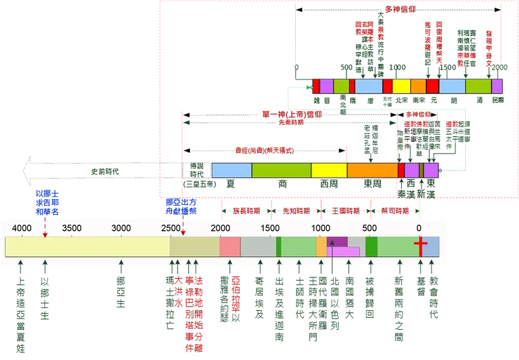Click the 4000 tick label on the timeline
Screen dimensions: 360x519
pos(22,228)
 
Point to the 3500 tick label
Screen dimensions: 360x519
pos(72,228)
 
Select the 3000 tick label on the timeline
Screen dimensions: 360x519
pos(121,228)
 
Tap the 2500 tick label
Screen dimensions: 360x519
pos(171,228)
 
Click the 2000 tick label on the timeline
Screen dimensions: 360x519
pos(220,228)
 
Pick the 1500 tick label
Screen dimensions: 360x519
pos(270,228)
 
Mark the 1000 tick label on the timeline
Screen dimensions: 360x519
pos(320,228)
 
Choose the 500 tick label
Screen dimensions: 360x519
pos(370,228)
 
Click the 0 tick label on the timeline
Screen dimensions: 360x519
pos(419,228)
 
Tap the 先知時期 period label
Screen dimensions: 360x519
pos(295,210)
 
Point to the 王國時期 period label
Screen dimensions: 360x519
pos(345,210)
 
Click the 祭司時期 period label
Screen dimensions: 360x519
pos(394,210)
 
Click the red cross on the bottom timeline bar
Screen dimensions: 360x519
pos(419,246)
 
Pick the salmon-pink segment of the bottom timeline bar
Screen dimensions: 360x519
pos(230,246)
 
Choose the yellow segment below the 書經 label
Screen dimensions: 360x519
pos(329,169)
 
